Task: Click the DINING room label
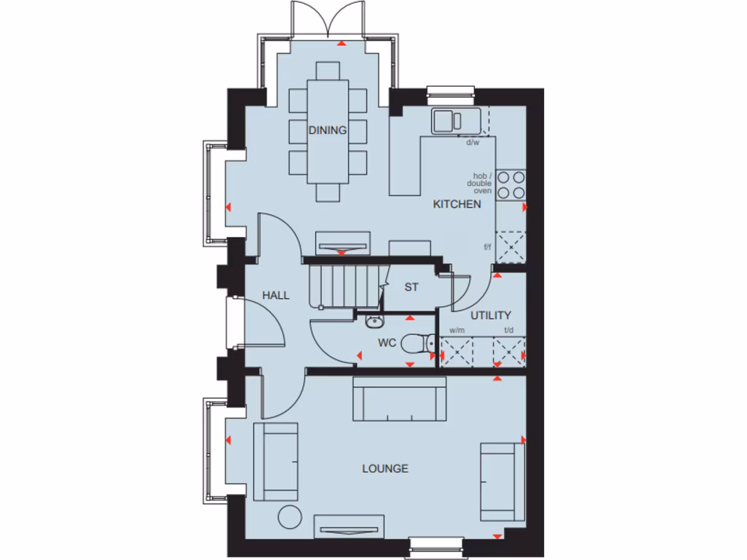pos(327,131)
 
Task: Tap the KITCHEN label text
pos(457,204)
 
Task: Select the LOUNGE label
pos(385,469)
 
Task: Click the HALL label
pos(276,295)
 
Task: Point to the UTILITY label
pos(490,316)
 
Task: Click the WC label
pos(387,343)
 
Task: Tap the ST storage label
pos(411,287)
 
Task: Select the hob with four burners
pos(511,184)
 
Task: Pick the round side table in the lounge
pos(290,516)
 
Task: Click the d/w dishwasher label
pos(473,142)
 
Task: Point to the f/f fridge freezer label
pos(487,247)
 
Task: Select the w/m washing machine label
pos(457,330)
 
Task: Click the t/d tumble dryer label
pos(508,330)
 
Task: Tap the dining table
pos(328,131)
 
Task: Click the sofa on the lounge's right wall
pos(502,481)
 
